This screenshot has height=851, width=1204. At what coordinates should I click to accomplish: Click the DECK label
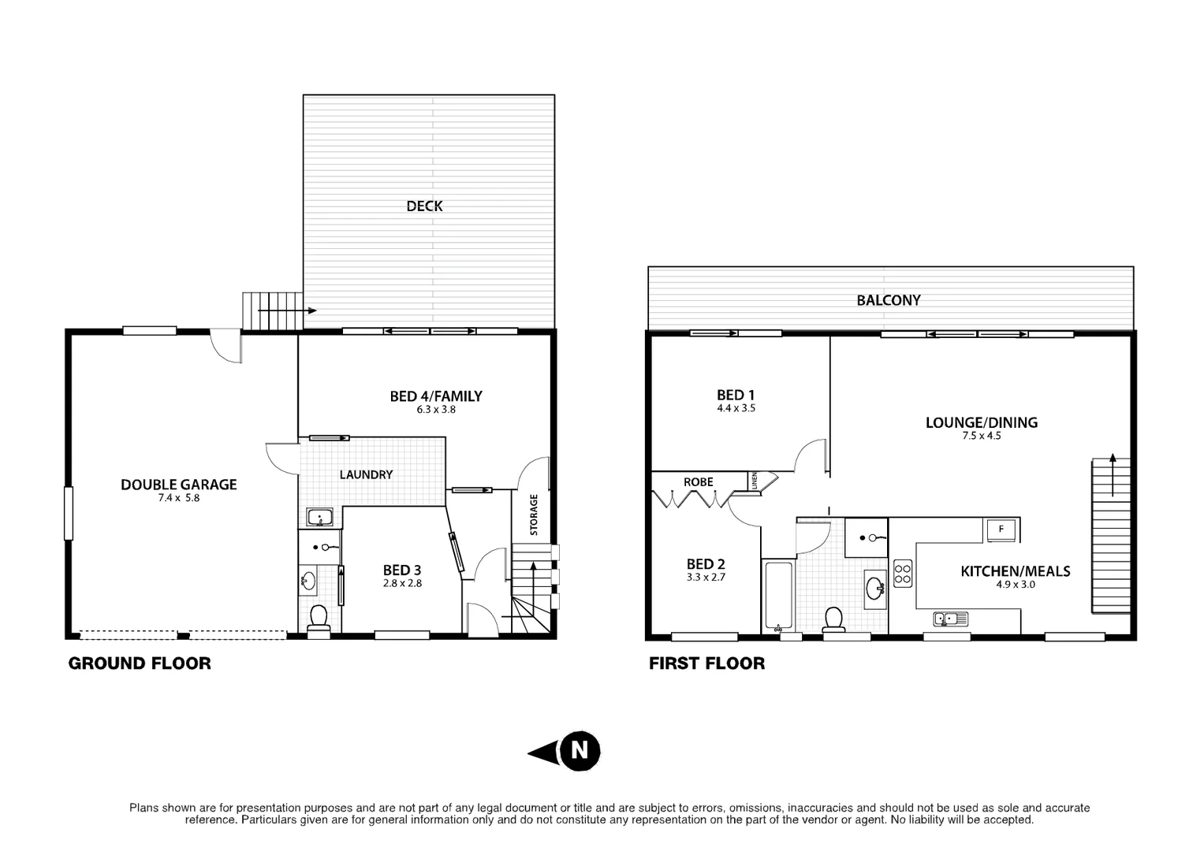click(424, 206)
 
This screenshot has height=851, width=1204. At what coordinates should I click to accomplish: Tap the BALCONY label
click(889, 300)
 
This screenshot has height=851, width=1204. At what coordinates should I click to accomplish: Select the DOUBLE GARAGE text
click(178, 485)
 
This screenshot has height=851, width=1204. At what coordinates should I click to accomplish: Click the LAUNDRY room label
click(366, 474)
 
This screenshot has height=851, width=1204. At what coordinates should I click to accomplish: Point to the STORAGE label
click(534, 515)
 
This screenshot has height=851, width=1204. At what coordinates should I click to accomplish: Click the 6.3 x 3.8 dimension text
click(436, 410)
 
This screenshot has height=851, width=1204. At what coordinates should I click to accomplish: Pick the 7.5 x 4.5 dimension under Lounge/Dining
click(981, 436)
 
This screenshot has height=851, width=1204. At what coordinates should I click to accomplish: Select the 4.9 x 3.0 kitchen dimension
click(1015, 585)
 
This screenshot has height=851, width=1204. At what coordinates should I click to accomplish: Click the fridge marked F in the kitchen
click(1001, 530)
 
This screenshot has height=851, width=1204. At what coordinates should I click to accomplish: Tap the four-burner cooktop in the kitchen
click(903, 573)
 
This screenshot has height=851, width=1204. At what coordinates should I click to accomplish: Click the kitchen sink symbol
click(950, 619)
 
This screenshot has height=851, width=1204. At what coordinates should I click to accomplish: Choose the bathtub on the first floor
click(778, 595)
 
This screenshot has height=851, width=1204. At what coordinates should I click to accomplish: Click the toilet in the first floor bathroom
click(833, 620)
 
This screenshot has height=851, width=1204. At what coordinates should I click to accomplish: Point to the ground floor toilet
click(319, 619)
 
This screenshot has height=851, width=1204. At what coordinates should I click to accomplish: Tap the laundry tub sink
click(321, 518)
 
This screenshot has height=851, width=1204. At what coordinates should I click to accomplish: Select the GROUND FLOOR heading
click(140, 663)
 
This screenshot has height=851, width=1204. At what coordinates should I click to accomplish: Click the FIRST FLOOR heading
click(706, 663)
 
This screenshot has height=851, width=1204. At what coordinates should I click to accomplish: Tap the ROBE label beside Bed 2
click(699, 482)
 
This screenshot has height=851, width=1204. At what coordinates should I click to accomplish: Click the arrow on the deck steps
click(287, 310)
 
